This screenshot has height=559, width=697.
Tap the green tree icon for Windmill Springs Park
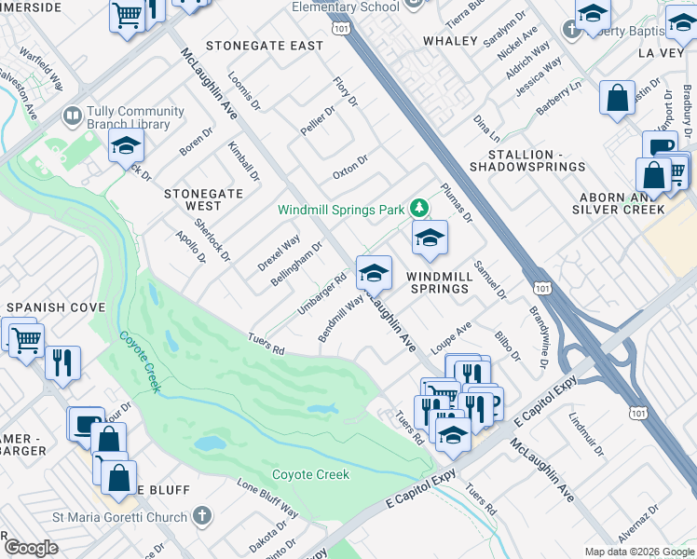(x=419, y=209)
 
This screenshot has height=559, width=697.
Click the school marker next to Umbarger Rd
(x=374, y=273)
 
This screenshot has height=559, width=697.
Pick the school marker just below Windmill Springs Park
(x=430, y=238)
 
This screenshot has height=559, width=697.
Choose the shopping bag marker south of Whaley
(x=618, y=98)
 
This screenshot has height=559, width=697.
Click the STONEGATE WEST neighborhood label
(x=193, y=199)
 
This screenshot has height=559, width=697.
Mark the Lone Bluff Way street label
(x=267, y=499)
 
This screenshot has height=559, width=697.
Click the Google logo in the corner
(x=32, y=548)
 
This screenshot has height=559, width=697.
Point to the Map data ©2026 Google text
(x=638, y=552)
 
